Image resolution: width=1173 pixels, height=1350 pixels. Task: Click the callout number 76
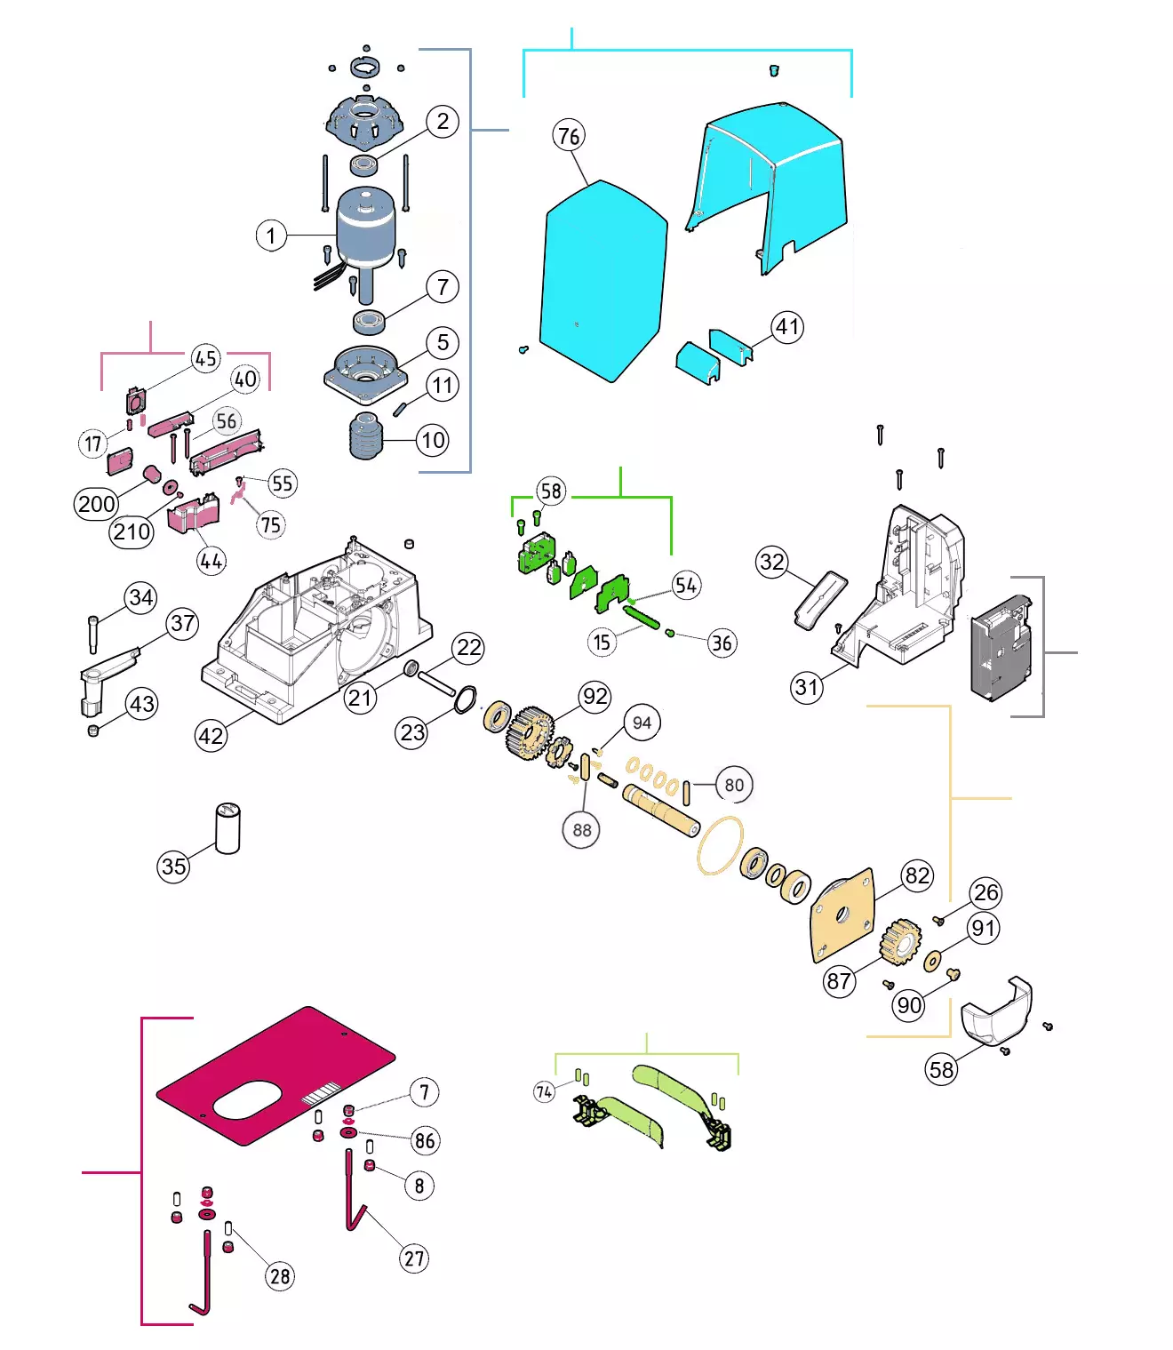coord(569,136)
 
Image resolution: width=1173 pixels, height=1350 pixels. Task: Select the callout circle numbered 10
coord(433,440)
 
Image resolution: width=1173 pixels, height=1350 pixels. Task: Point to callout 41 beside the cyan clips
coord(787,327)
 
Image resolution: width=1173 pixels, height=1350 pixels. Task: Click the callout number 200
coord(96,504)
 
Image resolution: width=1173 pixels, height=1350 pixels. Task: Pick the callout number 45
coord(206,358)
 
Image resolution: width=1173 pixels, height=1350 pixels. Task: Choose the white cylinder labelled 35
coord(227,828)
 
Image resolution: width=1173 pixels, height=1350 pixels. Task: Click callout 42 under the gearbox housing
coord(211,736)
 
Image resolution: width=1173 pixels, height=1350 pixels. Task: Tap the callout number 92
coord(594,697)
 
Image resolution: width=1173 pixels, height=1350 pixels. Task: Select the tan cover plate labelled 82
coord(842,915)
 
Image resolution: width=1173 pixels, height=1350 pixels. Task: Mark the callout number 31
coord(807,687)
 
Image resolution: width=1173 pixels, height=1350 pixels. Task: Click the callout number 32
coord(772,562)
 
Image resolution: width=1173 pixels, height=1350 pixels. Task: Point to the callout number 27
coord(415,1258)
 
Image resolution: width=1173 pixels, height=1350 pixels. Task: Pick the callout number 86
coord(425,1141)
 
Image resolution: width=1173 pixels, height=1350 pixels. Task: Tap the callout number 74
coord(544,1091)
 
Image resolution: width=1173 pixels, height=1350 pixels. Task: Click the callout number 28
coord(280,1276)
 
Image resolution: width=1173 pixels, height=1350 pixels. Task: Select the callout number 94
coord(642,723)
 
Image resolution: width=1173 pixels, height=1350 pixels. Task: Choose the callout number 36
coord(722,643)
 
